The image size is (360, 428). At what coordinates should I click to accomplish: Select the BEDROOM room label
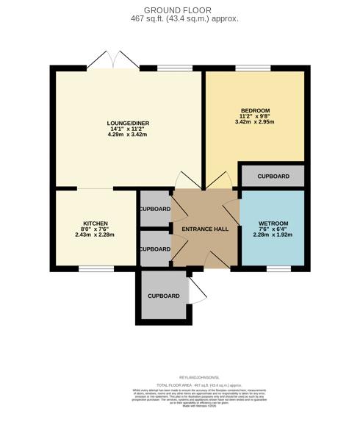[x=255, y=110]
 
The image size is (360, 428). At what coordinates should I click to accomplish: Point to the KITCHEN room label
[x=96, y=224]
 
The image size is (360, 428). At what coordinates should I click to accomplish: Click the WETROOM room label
[x=273, y=224]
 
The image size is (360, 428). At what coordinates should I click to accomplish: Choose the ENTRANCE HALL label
[x=206, y=229]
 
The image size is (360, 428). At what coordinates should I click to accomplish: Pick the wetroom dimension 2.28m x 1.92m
[x=273, y=235]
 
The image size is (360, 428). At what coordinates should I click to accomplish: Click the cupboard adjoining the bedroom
[x=273, y=176]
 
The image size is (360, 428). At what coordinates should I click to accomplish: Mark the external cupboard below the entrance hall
[x=163, y=296]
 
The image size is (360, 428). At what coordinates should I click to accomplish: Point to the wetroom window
[x=278, y=268]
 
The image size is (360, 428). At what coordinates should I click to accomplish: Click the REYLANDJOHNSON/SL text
[x=179, y=377]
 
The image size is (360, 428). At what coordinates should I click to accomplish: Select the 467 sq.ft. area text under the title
[x=179, y=19]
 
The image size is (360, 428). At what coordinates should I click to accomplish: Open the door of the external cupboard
[x=197, y=290]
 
